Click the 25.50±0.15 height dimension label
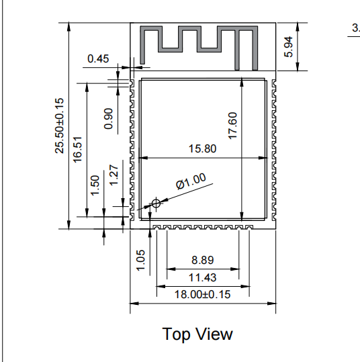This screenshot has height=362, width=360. point(59,126)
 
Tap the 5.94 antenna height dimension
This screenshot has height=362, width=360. point(288,46)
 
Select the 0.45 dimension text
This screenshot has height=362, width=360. point(98,58)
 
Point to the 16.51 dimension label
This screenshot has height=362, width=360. point(78,150)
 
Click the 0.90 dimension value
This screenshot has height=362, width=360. point(109,119)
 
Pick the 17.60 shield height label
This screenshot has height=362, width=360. point(232,126)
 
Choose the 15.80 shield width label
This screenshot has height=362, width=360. point(203,148)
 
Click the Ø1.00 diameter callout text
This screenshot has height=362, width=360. point(191,181)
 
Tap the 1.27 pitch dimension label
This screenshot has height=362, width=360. point(114,175)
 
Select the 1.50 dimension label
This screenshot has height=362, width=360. point(95,185)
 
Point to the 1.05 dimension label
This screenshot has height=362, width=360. point(140,260)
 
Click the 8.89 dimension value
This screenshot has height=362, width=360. point(203,260)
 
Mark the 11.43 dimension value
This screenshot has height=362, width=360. point(203,277)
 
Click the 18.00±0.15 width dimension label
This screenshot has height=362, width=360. point(203,295)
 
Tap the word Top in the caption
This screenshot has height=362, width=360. point(176,334)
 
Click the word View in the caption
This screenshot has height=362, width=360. point(215,334)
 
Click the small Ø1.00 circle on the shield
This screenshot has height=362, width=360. point(156,204)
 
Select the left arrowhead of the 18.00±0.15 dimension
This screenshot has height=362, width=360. point(134,304)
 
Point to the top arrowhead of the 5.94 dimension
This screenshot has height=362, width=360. point(298,27)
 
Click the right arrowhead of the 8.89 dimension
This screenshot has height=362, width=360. point(235,269)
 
